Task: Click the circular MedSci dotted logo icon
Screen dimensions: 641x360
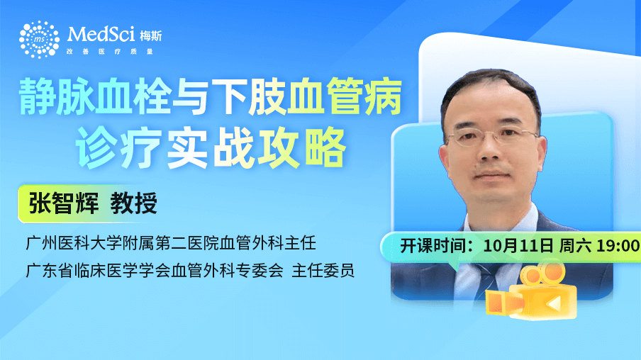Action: coord(39,39)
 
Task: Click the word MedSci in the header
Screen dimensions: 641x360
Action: coord(101,34)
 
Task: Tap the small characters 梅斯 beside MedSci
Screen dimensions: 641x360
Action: coord(151,36)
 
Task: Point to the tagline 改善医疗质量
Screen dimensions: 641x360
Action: coord(110,52)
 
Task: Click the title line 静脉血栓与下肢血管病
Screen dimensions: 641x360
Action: coord(211,97)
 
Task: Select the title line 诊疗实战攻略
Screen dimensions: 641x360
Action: coord(211,148)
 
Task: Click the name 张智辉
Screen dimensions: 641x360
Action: coord(63,203)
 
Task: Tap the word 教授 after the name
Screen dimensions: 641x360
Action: coord(134,203)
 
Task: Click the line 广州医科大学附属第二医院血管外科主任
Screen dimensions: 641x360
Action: coord(171,243)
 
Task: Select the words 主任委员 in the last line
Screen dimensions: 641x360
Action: coord(323,271)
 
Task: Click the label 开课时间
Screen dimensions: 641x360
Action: coord(432,246)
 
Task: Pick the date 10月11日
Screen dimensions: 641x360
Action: coord(518,246)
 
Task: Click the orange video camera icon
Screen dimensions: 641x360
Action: coord(531,292)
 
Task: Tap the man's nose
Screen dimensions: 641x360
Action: coord(490,150)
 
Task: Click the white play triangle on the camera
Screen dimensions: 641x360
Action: coord(554,303)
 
